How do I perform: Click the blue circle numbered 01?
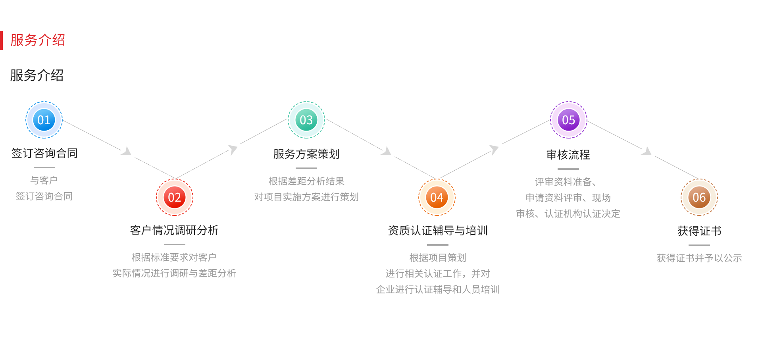pos(44,120)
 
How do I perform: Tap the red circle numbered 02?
pos(175,197)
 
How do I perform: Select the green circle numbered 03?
pos(306,120)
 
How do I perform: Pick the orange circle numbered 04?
pos(437,197)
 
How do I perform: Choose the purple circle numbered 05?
pos(568,120)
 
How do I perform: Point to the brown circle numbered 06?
pos(699,197)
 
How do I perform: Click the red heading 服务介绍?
pos(38,40)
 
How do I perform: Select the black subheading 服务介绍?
pos(37,75)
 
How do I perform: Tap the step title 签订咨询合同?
pos(44,153)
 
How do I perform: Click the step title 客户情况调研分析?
pos(174,230)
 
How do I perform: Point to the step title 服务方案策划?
pos(306,154)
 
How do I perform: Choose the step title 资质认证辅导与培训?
pos(438,231)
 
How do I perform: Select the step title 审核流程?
pos(568,155)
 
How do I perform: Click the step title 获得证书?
pos(699,231)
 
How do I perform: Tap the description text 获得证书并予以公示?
pos(699,258)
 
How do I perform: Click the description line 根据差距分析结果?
pos(306,181)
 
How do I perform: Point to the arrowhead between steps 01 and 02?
pos(127,151)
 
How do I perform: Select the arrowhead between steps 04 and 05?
pos(494,149)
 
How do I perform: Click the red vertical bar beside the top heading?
pos(2,40)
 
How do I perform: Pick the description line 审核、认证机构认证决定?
pos(568,214)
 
